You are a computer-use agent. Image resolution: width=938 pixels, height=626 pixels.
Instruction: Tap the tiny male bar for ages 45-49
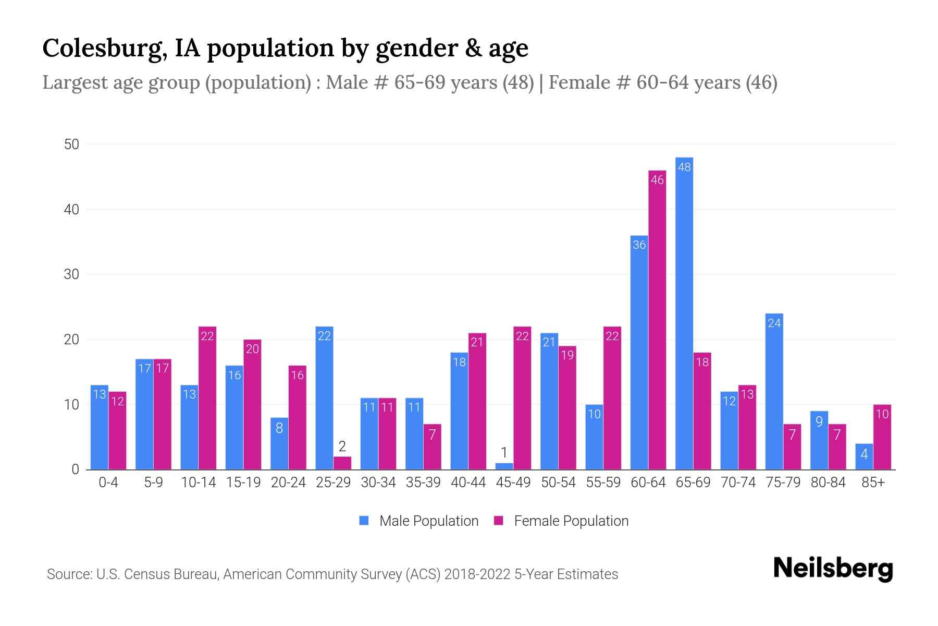click(x=504, y=466)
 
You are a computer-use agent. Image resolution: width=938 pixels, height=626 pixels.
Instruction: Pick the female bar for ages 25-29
click(x=342, y=463)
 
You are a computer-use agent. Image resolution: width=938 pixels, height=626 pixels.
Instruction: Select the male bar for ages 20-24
click(x=279, y=443)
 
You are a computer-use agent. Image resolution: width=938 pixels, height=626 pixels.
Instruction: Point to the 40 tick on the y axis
click(x=71, y=210)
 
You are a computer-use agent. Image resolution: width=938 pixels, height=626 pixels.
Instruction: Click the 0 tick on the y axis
click(x=75, y=469)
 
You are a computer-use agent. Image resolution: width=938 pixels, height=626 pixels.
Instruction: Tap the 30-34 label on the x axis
click(x=378, y=483)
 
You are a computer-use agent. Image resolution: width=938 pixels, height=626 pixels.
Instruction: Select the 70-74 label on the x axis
click(x=738, y=483)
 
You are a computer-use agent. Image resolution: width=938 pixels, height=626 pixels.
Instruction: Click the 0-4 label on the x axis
click(x=108, y=483)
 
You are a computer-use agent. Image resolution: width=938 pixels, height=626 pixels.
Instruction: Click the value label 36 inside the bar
click(x=639, y=245)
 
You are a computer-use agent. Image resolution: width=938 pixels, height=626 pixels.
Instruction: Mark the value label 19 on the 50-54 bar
click(x=567, y=355)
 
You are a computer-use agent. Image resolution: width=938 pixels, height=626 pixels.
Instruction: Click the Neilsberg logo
click(x=833, y=569)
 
